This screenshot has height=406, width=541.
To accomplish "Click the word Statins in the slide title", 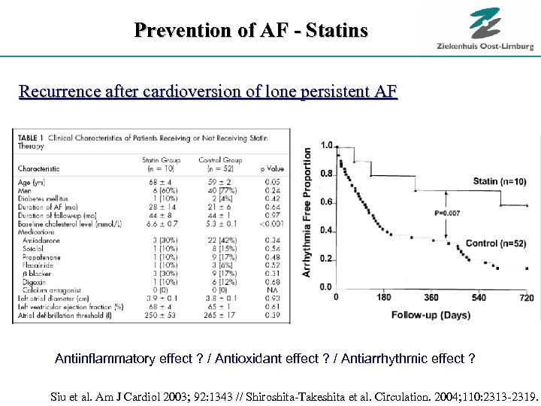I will (334, 31).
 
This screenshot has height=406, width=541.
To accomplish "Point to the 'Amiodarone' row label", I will (45, 241).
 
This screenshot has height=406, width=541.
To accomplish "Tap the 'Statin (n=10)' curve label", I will (499, 181).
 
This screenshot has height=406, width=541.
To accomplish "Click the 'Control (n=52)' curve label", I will (496, 244).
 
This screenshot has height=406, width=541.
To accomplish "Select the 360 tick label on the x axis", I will (431, 298).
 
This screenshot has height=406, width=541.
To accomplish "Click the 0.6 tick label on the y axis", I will (325, 202).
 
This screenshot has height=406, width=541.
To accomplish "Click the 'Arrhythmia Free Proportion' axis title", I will (307, 211).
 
